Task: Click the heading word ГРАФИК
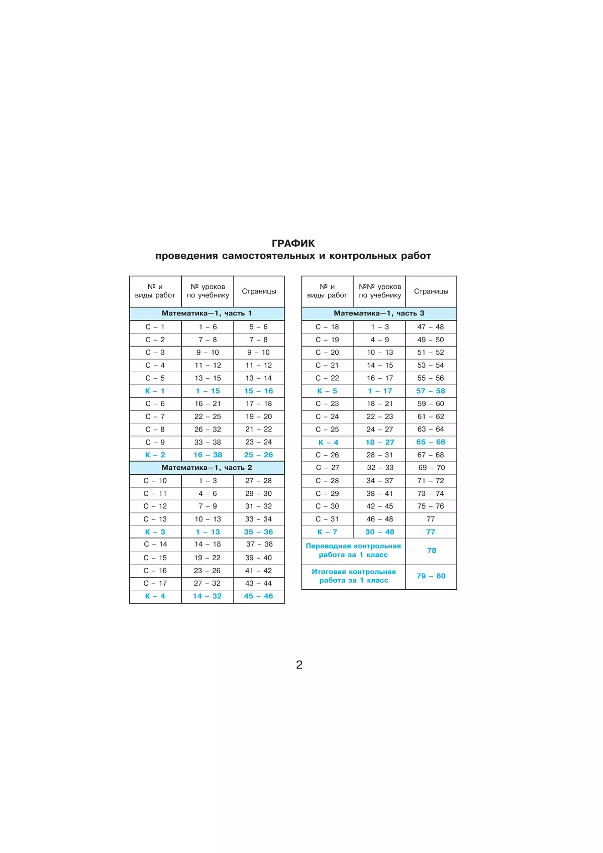coord(293,244)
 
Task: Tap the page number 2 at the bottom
coord(299,665)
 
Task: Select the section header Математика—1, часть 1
coord(207,313)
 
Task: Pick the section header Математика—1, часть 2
coord(207,468)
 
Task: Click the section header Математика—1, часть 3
coord(379,313)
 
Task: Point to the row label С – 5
coord(155,378)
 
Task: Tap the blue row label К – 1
coord(155,391)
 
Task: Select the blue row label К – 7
coord(328,532)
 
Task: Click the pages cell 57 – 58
coord(431,391)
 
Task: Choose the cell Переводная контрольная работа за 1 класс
coord(353,551)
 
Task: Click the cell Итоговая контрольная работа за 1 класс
coord(353,576)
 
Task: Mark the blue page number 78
coord(431,551)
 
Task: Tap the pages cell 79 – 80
coord(431,576)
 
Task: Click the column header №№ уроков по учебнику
coord(380,291)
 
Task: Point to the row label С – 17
coord(155,583)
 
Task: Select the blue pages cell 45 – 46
coord(258,596)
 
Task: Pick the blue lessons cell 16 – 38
coord(208,455)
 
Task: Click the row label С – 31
coord(328,519)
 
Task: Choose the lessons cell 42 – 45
coord(380,506)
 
